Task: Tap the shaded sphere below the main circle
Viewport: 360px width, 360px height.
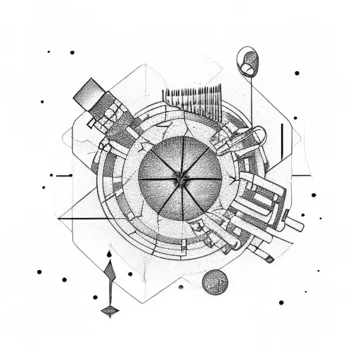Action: (214, 283)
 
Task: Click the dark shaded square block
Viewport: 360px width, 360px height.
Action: (89, 94)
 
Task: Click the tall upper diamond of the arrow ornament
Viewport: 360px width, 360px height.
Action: (109, 276)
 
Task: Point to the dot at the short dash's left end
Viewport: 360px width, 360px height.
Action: (51, 174)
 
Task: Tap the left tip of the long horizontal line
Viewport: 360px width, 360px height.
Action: (58, 219)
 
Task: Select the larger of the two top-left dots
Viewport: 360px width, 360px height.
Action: (72, 52)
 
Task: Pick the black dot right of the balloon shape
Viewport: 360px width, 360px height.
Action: (297, 72)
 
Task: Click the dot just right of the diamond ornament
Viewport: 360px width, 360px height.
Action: (130, 274)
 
